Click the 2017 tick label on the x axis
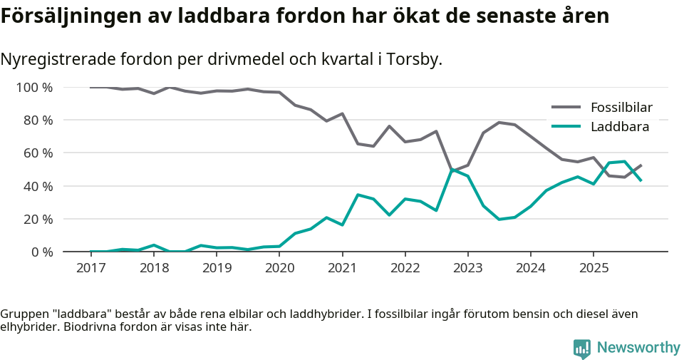90,268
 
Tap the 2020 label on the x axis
279,268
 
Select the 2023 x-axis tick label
467,268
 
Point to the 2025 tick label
594,268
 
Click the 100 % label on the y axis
34,88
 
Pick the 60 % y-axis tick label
37,153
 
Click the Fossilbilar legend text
621,108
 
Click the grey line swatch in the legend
566,108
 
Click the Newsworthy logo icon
582,349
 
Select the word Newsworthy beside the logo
638,348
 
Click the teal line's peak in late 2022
452,170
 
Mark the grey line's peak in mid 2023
499,122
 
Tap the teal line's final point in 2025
641,180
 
